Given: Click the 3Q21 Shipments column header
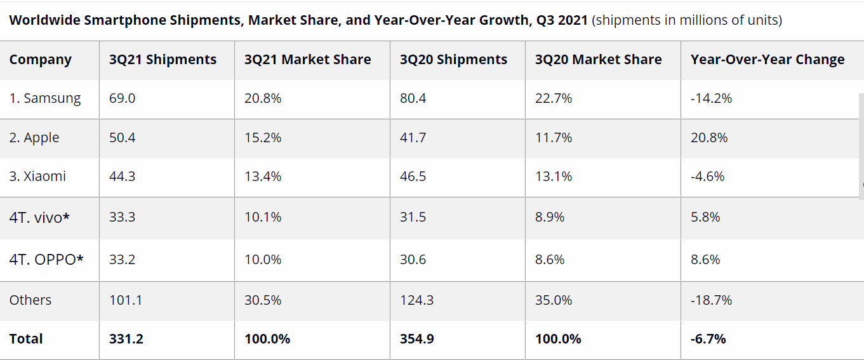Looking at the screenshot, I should [x=163, y=60].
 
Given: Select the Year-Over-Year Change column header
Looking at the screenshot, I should [x=768, y=60].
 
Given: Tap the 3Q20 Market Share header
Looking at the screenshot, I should [x=598, y=60].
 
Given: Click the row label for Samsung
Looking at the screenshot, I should [x=45, y=98].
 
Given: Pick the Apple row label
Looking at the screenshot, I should [x=34, y=138].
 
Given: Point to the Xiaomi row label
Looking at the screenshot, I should [x=37, y=177].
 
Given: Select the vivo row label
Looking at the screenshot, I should [x=39, y=217].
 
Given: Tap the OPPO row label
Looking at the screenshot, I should [x=46, y=260].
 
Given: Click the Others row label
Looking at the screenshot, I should [x=30, y=300].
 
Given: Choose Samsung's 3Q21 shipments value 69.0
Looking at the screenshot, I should [x=122, y=98].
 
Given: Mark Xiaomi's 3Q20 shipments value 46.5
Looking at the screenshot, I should [x=413, y=177].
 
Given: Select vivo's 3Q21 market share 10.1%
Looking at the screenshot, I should [x=262, y=217].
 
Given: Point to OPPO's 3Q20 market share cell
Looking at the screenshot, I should [x=550, y=260].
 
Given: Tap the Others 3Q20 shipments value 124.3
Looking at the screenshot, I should [x=416, y=300].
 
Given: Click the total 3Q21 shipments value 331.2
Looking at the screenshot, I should [x=126, y=339].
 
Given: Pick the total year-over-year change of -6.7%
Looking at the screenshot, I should [x=708, y=339].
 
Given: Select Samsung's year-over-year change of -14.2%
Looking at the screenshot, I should [x=711, y=98].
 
